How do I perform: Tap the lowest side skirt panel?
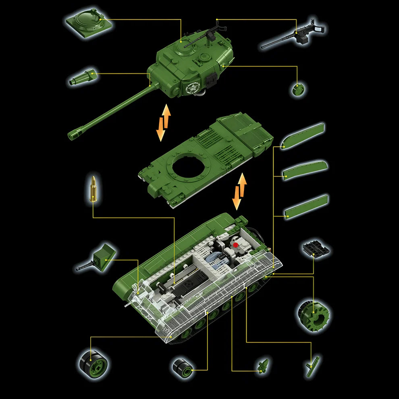coord(306,206)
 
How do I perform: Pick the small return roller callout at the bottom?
coord(182,367)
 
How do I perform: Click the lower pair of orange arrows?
coord(239,191)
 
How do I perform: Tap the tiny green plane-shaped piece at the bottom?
coord(262,366)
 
